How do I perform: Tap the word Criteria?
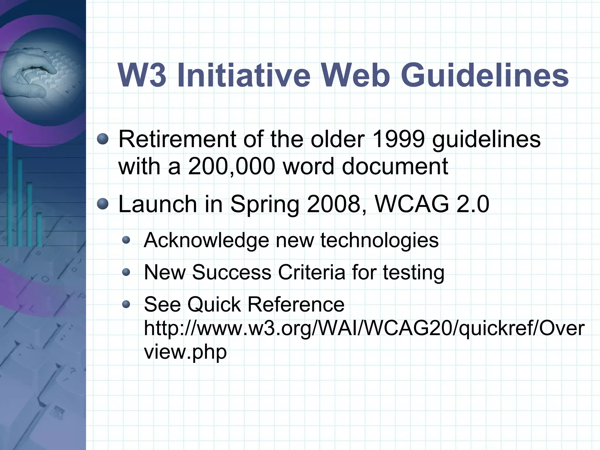point(311,272)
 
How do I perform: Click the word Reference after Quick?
point(296,304)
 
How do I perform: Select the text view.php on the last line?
point(185,352)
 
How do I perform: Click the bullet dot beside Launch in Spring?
point(103,204)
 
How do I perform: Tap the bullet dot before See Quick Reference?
point(126,305)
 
